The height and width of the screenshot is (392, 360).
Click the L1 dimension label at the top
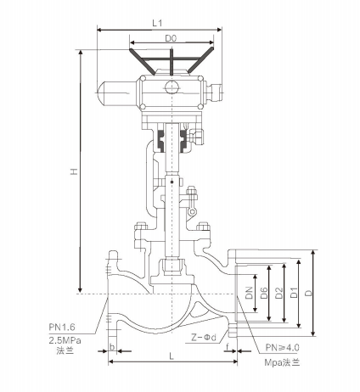tap(157, 23)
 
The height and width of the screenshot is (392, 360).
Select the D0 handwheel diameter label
tap(171, 38)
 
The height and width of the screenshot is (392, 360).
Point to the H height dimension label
tap(74, 171)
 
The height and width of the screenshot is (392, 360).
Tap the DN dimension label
tap(249, 293)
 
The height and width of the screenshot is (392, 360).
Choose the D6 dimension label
tap(264, 293)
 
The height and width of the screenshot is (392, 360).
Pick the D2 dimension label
tap(279, 293)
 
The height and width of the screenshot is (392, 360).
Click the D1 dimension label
tap(295, 293)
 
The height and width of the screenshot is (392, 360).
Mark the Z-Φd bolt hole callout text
tap(204, 337)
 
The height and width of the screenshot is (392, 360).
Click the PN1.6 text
tap(62, 328)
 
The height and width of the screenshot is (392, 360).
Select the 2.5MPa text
tap(65, 340)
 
